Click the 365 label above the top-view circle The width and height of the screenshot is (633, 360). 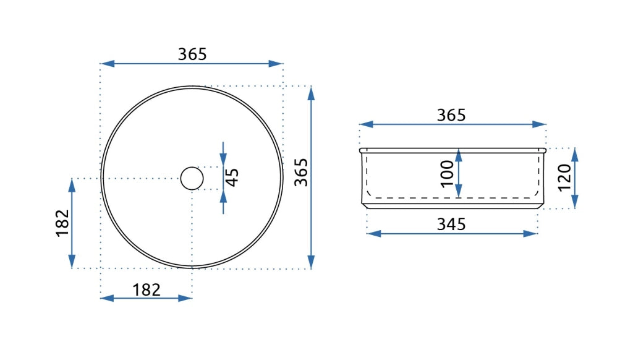192,54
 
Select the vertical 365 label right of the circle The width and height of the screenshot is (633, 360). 301,173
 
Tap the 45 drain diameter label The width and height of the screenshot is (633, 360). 232,178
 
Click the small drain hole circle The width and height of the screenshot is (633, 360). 192,178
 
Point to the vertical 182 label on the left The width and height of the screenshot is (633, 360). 62,223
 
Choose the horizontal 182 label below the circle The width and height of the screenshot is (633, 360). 146,289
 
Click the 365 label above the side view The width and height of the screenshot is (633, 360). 451,115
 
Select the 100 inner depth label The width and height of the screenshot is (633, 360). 447,174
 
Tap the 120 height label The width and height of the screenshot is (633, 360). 564,178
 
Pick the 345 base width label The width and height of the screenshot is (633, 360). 451,225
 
